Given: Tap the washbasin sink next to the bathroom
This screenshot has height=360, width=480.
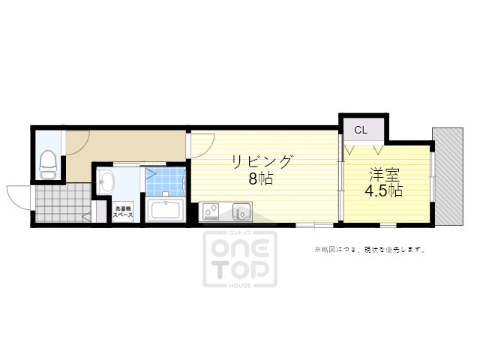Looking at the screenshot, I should tap(106, 181).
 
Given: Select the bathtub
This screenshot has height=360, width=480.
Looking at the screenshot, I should tap(166, 210).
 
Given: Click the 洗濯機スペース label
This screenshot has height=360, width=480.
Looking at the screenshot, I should tap(124, 211).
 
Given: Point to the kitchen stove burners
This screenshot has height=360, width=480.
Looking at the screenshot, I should tap(210, 209).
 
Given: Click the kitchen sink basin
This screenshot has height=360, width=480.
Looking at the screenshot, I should tap(241, 210).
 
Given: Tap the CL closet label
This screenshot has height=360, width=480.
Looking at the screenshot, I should tap(361, 130).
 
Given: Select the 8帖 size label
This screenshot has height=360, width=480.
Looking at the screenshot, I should tap(261, 180).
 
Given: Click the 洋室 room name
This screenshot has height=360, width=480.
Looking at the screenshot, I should tap(384, 175).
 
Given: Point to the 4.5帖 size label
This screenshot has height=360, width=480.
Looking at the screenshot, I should tap(384, 191).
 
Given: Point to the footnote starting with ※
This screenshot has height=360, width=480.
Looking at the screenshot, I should tap(369, 249).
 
